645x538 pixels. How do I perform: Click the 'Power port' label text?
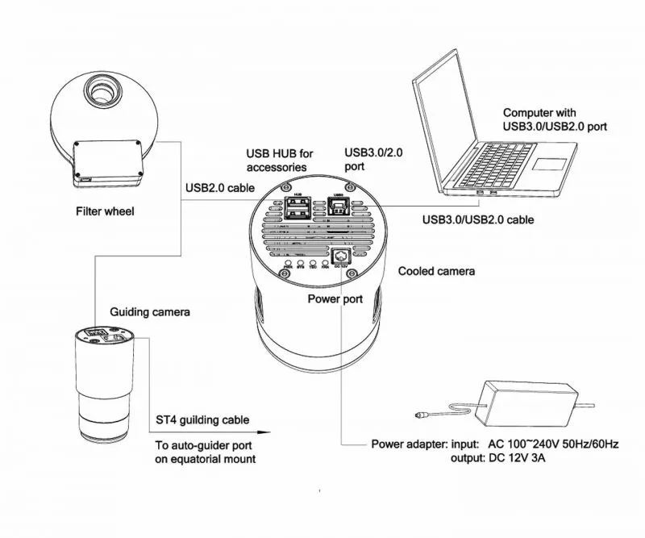[335, 299]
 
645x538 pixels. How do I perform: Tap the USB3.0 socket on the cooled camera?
[339, 209]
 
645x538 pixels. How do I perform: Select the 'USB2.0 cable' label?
[220, 187]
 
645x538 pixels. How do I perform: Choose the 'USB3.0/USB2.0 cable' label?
[478, 219]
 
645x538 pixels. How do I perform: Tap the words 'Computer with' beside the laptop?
[539, 112]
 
